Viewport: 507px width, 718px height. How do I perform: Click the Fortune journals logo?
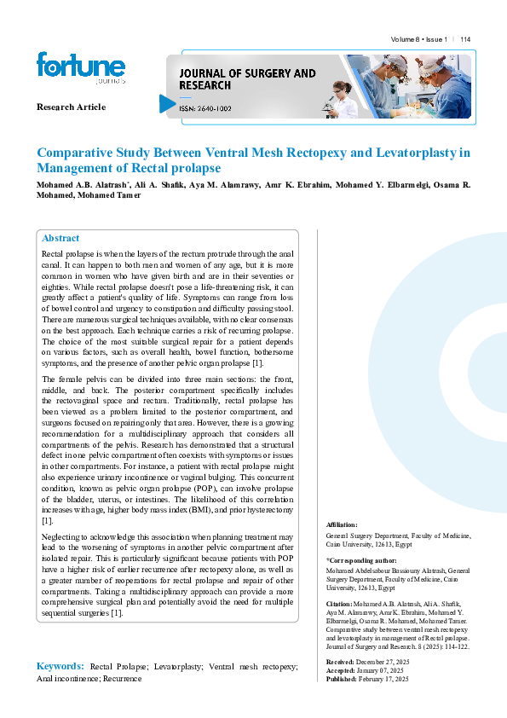(x=80, y=68)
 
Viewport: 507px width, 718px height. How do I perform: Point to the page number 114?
(x=465, y=40)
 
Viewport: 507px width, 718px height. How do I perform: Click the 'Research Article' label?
(x=71, y=107)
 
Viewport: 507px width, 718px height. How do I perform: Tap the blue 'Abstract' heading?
(x=60, y=239)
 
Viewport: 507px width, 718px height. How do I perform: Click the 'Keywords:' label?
(x=60, y=665)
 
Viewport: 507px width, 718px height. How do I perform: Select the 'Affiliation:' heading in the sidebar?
(x=342, y=524)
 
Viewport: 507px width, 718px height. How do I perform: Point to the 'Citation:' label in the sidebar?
(x=340, y=603)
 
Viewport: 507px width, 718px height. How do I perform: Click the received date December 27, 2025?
(x=383, y=661)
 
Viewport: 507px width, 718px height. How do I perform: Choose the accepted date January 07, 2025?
(x=380, y=669)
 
